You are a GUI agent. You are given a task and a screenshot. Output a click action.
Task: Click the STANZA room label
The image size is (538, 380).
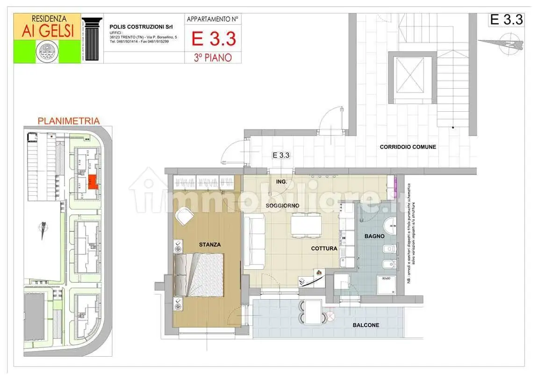pos(209,244)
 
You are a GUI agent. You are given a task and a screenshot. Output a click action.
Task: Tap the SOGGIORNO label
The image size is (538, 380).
pos(282,206)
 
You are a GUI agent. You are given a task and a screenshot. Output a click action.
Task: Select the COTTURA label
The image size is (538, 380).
pos(324,249)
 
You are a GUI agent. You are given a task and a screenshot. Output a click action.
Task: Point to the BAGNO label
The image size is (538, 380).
pos(374,237)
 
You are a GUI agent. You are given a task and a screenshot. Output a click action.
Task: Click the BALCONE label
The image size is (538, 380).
pos(366,325)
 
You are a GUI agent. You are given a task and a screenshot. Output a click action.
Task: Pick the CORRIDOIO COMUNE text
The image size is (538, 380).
pos(408,147)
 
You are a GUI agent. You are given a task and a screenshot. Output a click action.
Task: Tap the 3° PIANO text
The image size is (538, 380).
pos(214,57)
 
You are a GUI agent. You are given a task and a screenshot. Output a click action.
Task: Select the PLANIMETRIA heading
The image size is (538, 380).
pos(68,121)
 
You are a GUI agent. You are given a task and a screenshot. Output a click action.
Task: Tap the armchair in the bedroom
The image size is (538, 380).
pos(184,216)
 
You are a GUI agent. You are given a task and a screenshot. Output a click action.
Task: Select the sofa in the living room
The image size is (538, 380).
pos(254,240)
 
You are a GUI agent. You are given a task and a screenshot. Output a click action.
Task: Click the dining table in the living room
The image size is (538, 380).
pos(306,223)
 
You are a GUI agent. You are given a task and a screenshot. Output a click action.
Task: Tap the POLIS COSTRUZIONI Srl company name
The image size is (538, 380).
pos(140,27)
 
